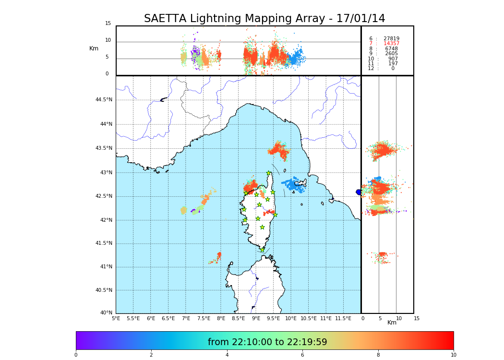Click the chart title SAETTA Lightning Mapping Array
264,19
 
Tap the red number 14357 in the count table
391,44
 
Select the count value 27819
391,38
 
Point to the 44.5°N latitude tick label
104,100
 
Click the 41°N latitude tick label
105,267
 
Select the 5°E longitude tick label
116,318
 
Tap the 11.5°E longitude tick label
343,318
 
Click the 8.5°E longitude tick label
238,318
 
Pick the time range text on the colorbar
267,342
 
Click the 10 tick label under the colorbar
453,355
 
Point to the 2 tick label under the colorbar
151,355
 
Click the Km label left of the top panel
94,48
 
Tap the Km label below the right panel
392,323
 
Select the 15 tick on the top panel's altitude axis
108,24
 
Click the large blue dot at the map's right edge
359,192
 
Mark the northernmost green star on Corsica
269,173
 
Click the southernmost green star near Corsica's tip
262,250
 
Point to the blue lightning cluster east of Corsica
294,184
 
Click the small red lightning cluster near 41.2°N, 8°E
218,256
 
